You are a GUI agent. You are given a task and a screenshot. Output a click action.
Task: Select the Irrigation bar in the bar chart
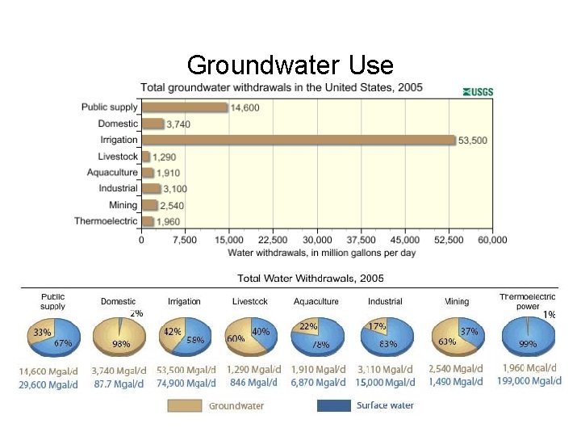(x=299, y=140)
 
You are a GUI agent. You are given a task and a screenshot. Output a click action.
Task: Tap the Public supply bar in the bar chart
(x=185, y=107)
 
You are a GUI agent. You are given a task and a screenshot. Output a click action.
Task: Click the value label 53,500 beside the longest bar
(x=474, y=140)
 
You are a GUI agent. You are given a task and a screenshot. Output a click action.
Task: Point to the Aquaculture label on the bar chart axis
(x=112, y=173)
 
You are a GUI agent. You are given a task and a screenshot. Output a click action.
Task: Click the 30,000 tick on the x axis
(x=317, y=240)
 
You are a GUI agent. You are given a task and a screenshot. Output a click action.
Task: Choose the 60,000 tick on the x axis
(x=491, y=240)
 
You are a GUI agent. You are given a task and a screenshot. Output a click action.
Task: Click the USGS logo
(x=478, y=92)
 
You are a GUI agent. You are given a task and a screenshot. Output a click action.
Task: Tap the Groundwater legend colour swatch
(x=185, y=406)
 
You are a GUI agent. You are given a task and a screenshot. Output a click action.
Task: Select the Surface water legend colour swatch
(x=334, y=406)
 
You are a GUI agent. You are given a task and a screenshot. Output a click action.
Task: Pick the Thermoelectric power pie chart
(x=529, y=337)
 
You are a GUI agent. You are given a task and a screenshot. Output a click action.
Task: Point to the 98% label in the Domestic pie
(x=123, y=345)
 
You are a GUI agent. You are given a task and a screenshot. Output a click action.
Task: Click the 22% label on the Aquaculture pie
(x=308, y=327)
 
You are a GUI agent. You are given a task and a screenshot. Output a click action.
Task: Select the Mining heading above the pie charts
(x=457, y=301)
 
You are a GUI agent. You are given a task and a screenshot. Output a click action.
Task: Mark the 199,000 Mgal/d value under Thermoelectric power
(x=529, y=381)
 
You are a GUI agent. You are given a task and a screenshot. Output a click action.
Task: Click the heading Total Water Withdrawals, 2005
(x=311, y=279)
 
